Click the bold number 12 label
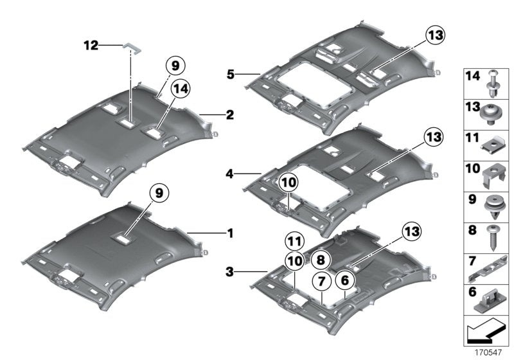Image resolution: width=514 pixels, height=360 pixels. pyautogui.click(x=91, y=45)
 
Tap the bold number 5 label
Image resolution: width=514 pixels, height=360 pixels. pyautogui.click(x=230, y=75)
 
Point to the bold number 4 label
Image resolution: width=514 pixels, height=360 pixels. pyautogui.click(x=230, y=172)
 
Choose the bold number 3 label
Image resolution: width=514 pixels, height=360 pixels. pyautogui.click(x=230, y=273)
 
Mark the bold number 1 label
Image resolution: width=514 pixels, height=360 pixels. pyautogui.click(x=229, y=233)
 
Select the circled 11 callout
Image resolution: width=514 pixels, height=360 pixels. pyautogui.click(x=293, y=242)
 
